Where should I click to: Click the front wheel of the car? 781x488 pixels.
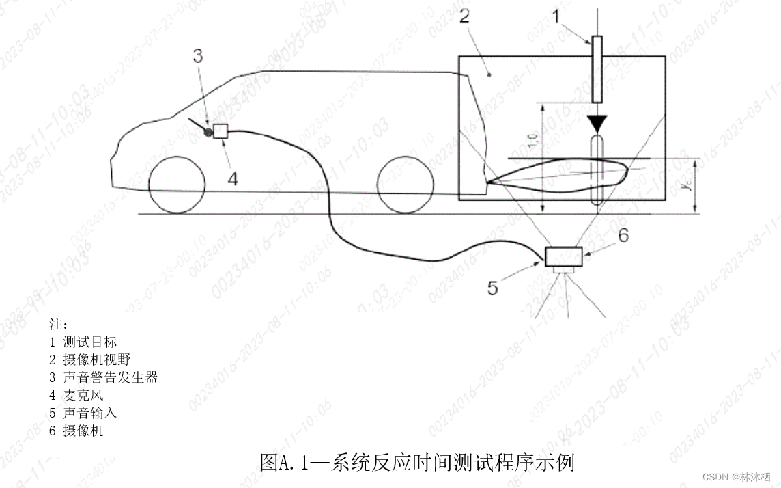177,185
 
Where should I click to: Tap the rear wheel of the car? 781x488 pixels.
405,185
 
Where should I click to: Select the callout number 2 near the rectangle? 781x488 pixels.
464,16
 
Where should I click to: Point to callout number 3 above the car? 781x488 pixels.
197,56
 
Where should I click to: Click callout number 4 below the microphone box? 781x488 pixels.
232,179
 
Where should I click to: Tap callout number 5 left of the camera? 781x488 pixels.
492,288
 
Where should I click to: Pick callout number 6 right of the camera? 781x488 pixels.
622,235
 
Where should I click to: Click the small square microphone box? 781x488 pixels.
220,131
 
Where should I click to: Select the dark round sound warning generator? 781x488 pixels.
208,131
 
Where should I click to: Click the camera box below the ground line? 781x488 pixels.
564,256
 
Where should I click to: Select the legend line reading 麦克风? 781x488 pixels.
76,395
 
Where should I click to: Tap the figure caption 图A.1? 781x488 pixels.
417,463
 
